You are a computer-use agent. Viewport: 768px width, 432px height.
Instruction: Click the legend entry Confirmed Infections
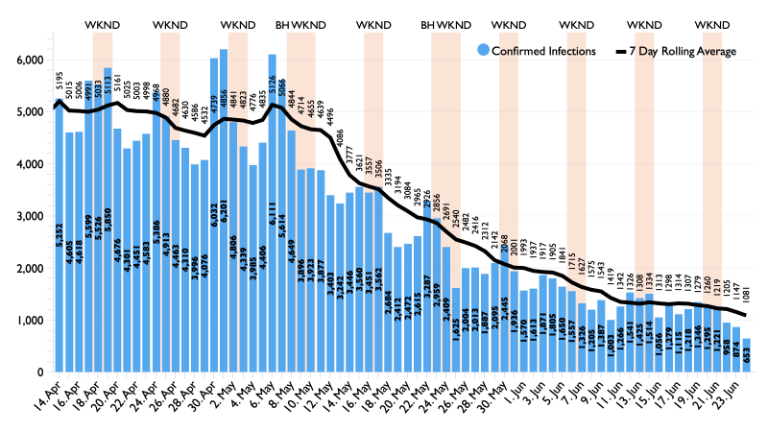[x=544, y=50]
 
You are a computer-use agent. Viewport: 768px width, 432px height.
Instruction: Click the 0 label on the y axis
[x=42, y=372]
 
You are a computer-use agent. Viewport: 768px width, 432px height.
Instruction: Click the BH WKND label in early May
[x=300, y=23]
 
